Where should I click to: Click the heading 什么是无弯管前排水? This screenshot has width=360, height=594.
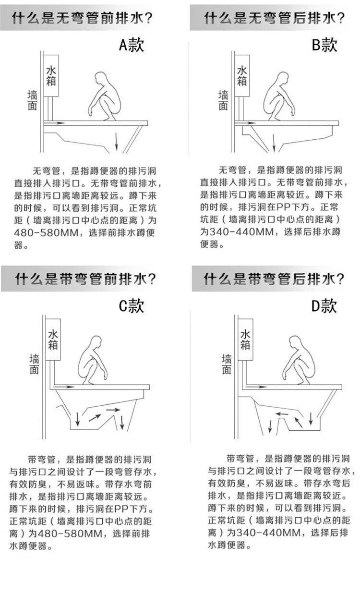click(82, 18)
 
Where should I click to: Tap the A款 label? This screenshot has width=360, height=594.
click(132, 45)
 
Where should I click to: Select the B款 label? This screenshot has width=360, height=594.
click(324, 45)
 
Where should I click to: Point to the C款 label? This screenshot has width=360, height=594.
click(132, 306)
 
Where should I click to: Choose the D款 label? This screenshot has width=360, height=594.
click(324, 306)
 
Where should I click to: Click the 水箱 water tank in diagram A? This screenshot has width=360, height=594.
click(51, 75)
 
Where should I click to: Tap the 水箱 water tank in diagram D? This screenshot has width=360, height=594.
click(245, 339)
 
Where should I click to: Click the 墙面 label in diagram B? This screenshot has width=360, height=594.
click(223, 100)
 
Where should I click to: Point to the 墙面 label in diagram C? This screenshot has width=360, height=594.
click(34, 364)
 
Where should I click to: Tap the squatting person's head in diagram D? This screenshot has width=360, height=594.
click(295, 341)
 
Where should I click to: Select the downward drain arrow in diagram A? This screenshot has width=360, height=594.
click(116, 141)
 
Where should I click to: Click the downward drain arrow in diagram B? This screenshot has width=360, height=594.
click(274, 143)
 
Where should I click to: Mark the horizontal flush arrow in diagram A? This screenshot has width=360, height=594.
click(54, 123)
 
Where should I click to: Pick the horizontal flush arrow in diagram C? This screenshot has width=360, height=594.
click(64, 387)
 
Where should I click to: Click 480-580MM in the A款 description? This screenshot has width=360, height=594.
click(46, 233)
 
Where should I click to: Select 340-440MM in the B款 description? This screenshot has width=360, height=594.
click(241, 232)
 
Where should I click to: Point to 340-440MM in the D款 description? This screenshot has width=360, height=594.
click(268, 532)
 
